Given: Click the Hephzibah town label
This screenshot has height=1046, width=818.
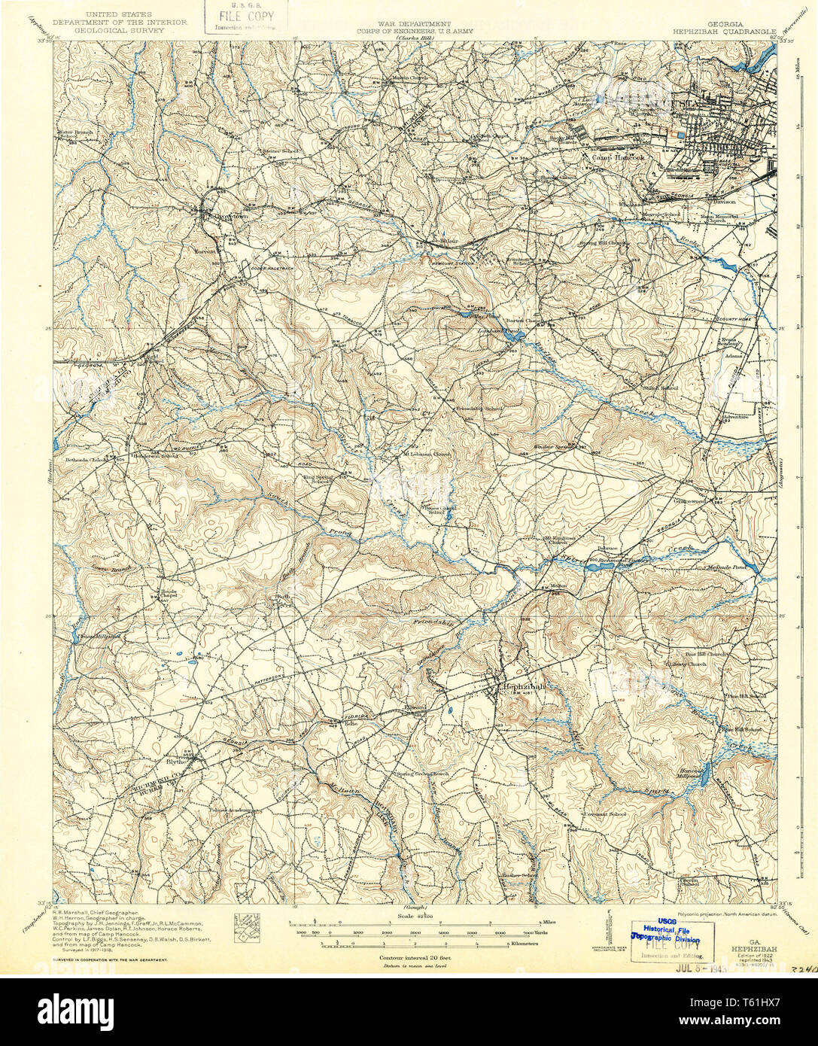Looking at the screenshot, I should [x=523, y=687].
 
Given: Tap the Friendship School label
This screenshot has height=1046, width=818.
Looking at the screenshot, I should [x=482, y=408].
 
